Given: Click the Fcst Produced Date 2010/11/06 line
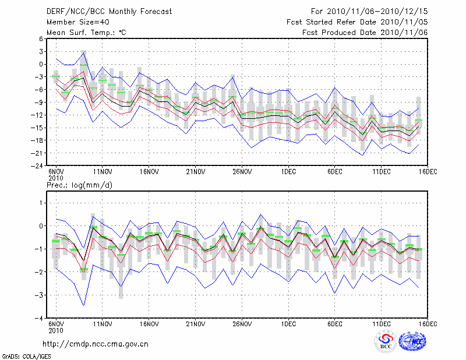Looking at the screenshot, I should click(365, 33).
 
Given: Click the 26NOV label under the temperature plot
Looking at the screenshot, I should click(242, 172).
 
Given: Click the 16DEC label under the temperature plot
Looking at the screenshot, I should click(428, 172).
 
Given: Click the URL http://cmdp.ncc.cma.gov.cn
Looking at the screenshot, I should click(96, 344).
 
